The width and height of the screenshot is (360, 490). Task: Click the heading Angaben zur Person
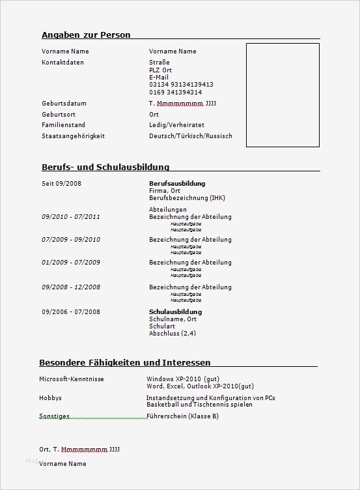tap(86, 35)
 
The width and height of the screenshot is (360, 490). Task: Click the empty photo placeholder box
tap(283, 94)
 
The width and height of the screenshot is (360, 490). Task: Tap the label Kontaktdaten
tap(62, 63)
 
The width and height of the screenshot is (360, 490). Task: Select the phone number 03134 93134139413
tap(181, 85)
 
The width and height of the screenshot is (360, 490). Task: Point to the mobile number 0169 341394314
tap(175, 93)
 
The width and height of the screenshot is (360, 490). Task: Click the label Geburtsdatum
tap(64, 104)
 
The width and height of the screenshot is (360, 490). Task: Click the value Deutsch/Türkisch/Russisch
tap(190, 136)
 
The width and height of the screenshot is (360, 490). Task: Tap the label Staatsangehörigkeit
tap(73, 136)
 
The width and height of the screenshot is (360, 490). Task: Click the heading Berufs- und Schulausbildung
tap(105, 167)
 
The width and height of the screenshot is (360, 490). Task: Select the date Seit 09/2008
tap(61, 184)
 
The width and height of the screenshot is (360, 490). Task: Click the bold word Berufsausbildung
tap(177, 184)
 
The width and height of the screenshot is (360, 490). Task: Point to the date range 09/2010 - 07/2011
tap(71, 217)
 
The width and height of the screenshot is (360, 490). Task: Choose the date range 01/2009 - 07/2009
tap(71, 263)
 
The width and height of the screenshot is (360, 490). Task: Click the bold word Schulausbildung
tap(176, 312)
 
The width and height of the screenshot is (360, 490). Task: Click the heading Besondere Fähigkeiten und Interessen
tap(125, 362)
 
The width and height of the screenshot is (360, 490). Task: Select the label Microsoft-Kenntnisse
tap(72, 379)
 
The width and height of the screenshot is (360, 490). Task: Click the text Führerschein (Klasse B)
tap(183, 416)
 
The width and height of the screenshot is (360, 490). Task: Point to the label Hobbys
tap(51, 397)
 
